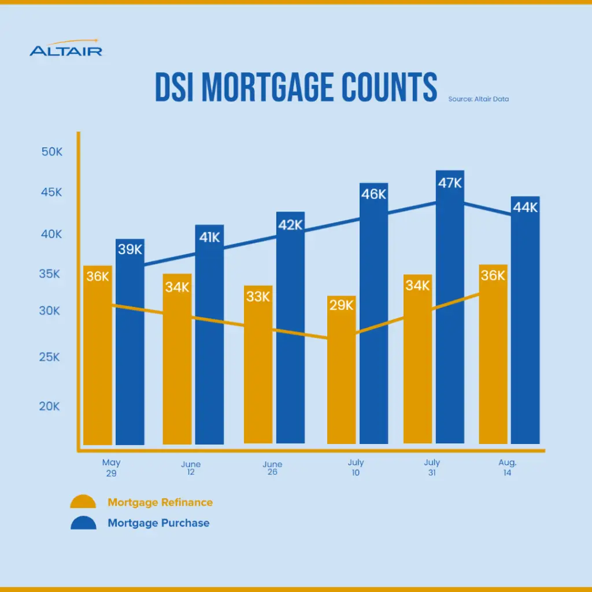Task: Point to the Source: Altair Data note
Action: [478, 99]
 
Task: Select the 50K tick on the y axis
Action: [51, 151]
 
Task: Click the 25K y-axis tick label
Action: [49, 357]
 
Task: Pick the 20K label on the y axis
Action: [49, 406]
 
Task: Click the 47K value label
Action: [450, 183]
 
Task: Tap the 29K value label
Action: [341, 305]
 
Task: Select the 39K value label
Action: [130, 249]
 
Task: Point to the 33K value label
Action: [258, 297]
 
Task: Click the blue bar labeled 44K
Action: [525, 335]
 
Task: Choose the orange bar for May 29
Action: [98, 370]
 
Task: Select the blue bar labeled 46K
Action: [373, 335]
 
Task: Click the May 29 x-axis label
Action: [111, 467]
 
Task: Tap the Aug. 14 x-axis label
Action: [507, 468]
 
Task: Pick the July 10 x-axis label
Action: [356, 468]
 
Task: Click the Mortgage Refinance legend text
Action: [160, 502]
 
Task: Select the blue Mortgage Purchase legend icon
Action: [83, 523]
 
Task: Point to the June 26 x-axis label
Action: [272, 468]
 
